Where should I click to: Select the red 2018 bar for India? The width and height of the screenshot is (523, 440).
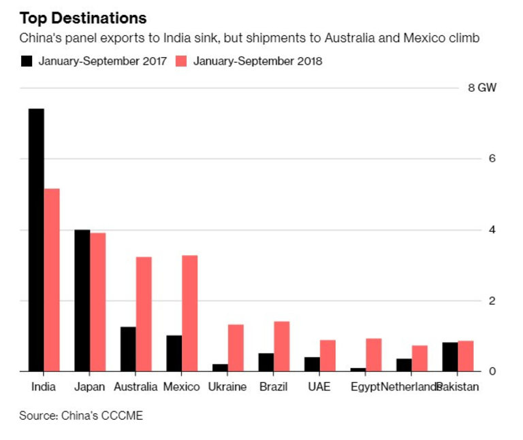point(52,280)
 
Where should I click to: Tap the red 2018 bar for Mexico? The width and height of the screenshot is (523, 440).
point(190,314)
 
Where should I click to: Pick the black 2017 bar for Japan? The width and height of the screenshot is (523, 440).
point(82,301)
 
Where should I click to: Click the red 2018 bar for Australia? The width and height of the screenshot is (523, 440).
point(144,314)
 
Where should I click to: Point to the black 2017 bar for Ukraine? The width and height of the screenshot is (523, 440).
point(220,367)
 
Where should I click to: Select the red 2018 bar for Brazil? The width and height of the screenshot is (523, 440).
point(282,346)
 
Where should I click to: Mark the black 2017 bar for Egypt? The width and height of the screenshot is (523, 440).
point(358,369)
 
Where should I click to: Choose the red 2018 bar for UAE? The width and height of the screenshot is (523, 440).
point(328,356)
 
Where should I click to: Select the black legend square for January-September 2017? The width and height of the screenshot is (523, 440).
point(27,61)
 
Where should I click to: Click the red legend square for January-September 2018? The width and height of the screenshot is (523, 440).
point(182,61)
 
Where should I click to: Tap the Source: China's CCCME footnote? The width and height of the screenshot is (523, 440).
point(81,415)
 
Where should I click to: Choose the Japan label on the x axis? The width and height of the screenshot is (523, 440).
point(90,388)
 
